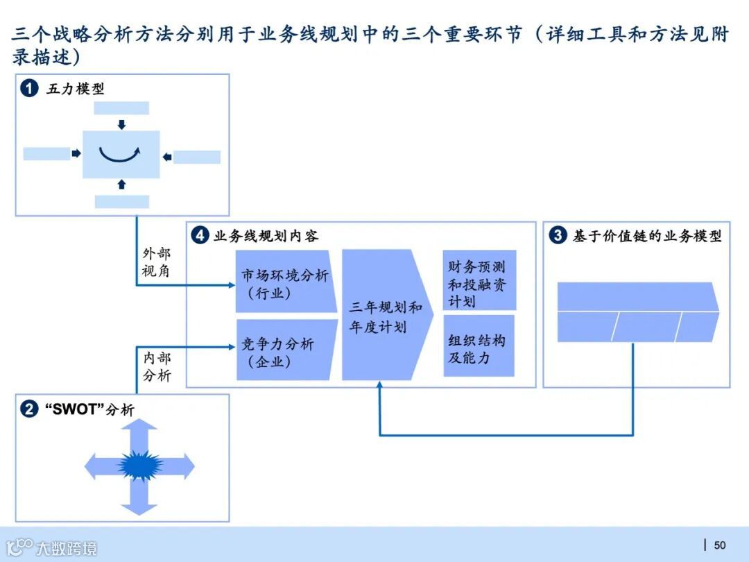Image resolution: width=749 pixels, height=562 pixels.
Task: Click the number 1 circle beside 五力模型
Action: pos(29,89)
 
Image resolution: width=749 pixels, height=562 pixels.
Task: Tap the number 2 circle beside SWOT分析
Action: pos(29,409)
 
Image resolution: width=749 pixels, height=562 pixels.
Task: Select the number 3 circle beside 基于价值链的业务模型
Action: pos(558,236)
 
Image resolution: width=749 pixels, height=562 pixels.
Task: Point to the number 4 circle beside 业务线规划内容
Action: pos(200,236)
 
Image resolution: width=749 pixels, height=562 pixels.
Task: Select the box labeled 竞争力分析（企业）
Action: pos(284,351)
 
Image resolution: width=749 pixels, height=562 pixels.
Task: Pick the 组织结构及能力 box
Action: pos(479,348)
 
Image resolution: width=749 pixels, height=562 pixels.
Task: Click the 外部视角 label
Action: pos(156,262)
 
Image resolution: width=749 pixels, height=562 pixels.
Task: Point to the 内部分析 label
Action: pos(156,367)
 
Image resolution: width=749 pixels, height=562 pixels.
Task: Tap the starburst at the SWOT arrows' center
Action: pos(139,464)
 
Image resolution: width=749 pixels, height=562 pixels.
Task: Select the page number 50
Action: pos(720,545)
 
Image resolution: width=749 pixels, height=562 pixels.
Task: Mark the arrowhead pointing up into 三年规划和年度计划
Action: pos(380,387)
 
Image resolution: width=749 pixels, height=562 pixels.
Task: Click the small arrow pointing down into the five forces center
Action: pos(121,125)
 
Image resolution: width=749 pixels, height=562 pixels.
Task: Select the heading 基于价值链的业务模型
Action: pos(647,236)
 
